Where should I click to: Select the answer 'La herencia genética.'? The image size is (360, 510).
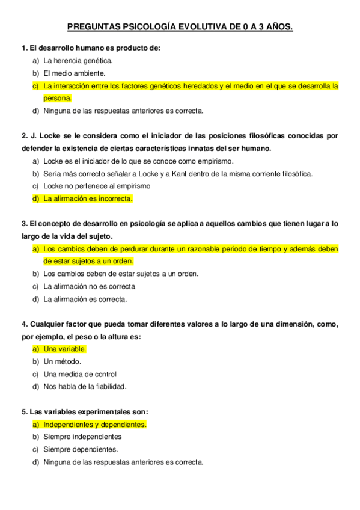(x=78, y=61)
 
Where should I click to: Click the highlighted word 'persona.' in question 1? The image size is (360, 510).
(x=58, y=98)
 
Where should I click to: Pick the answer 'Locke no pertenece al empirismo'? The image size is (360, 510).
(x=97, y=186)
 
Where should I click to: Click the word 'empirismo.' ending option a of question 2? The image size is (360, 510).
(x=216, y=161)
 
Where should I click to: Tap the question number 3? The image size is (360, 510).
(x=23, y=224)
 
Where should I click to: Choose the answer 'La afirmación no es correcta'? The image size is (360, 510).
(x=89, y=286)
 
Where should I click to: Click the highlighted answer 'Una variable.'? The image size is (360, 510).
(x=65, y=349)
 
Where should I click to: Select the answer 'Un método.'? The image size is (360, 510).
(x=62, y=361)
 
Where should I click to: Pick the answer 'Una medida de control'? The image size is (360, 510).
(x=80, y=374)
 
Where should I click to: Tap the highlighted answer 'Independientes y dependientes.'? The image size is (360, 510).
(x=95, y=425)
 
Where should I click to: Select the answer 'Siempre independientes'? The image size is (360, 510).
(x=82, y=437)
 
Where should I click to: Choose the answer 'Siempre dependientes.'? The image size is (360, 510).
(x=81, y=449)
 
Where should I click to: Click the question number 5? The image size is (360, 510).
(x=23, y=412)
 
